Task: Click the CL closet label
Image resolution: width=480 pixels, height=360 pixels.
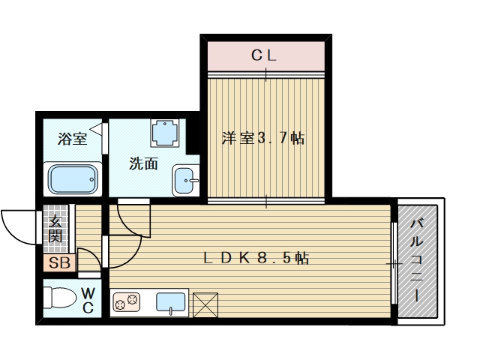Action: pyautogui.click(x=264, y=55)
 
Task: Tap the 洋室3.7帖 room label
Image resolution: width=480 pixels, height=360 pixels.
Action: pyautogui.click(x=263, y=138)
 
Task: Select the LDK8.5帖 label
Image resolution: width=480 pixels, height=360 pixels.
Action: pyautogui.click(x=256, y=258)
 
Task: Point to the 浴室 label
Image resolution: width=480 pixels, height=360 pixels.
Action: pyautogui.click(x=72, y=139)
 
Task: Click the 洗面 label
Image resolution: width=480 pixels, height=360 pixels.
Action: pyautogui.click(x=143, y=163)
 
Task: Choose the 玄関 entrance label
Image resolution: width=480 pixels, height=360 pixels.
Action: pyautogui.click(x=55, y=229)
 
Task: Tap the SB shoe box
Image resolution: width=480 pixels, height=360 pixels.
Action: pyautogui.click(x=59, y=262)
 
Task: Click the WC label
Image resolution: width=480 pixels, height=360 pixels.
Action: pyautogui.click(x=88, y=300)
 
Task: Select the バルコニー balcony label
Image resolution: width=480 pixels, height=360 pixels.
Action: pyautogui.click(x=417, y=260)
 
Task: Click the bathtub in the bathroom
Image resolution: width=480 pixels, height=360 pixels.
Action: pyautogui.click(x=73, y=179)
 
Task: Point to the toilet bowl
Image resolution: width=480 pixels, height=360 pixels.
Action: pyautogui.click(x=60, y=297)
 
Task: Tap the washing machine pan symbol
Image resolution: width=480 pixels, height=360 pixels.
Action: pyautogui.click(x=165, y=133)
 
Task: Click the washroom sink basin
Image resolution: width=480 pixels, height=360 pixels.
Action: pyautogui.click(x=185, y=180)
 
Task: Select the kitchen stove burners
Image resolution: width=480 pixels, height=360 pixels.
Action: pyautogui.click(x=127, y=301)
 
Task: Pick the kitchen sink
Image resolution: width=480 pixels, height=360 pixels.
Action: pyautogui.click(x=171, y=302)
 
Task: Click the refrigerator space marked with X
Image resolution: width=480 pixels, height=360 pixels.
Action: pyautogui.click(x=205, y=305)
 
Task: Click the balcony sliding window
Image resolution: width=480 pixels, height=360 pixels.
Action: pyautogui.click(x=394, y=263)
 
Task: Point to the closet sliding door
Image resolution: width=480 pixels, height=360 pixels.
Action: pyautogui.click(x=265, y=74)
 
